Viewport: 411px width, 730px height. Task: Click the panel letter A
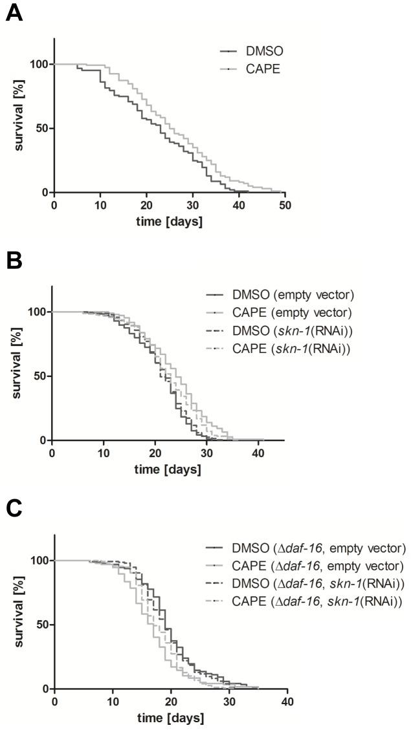pos(14,14)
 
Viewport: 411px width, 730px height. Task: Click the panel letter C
pos(14,510)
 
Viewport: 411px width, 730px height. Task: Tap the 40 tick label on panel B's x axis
pos(258,453)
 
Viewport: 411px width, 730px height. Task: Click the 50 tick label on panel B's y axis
pos(40,376)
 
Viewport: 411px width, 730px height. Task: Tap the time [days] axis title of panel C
pos(170,718)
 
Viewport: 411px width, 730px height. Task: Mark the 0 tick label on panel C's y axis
pos(46,689)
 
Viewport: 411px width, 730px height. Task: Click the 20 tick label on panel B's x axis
pos(155,453)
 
